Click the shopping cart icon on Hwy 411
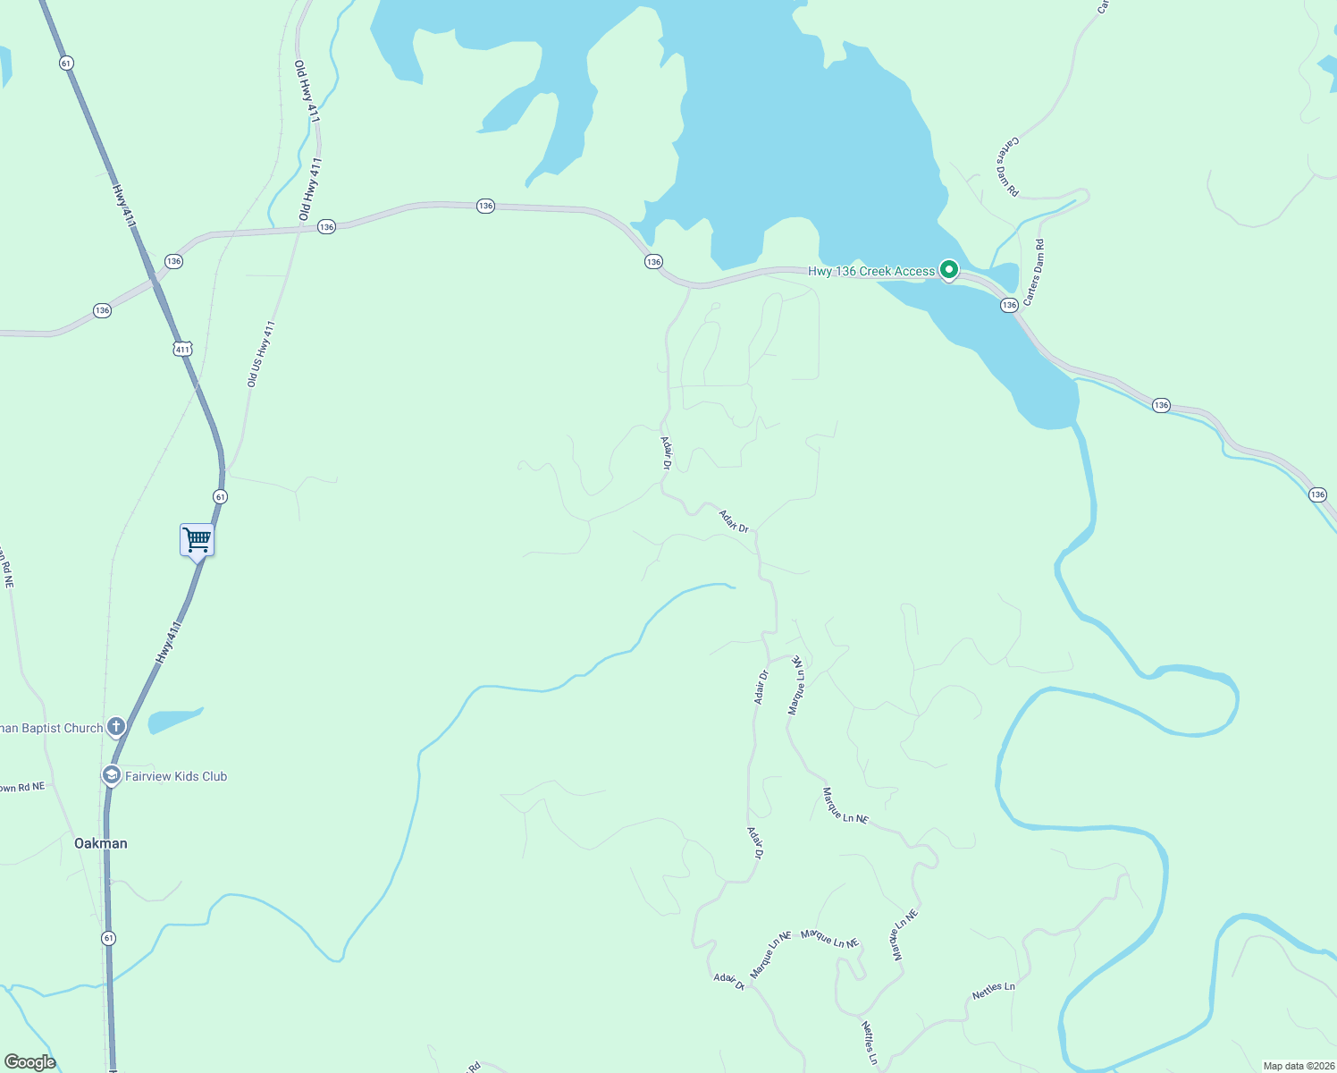pyautogui.click(x=197, y=540)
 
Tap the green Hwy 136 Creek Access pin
pyautogui.click(x=949, y=268)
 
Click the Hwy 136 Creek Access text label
pyautogui.click(x=871, y=271)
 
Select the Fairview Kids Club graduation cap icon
pyautogui.click(x=112, y=775)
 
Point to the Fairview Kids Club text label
pyautogui.click(x=176, y=776)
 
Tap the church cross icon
pyautogui.click(x=116, y=727)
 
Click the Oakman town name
pyautogui.click(x=100, y=843)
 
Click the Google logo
pyautogui.click(x=29, y=1062)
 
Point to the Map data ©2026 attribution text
pyautogui.click(x=1298, y=1066)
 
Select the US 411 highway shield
pyautogui.click(x=182, y=349)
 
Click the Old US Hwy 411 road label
pyautogui.click(x=261, y=354)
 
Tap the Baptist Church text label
pyautogui.click(x=52, y=728)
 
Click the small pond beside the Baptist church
pyautogui.click(x=174, y=719)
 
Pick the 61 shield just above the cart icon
pyautogui.click(x=220, y=496)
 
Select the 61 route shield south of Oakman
pyautogui.click(x=108, y=938)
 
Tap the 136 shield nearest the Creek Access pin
pyautogui.click(x=1009, y=305)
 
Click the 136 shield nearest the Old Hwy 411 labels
pyautogui.click(x=326, y=227)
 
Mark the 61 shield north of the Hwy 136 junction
pyautogui.click(x=66, y=63)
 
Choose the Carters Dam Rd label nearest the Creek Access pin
pyautogui.click(x=1034, y=272)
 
